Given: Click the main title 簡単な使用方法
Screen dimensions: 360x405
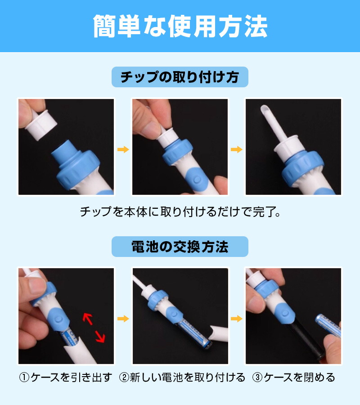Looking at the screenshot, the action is click(x=180, y=26).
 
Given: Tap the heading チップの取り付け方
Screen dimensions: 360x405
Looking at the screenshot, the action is click(x=180, y=77).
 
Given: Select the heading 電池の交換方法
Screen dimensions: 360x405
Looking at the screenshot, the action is click(x=180, y=247).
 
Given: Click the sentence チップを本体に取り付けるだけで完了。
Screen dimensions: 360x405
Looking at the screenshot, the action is click(x=180, y=212).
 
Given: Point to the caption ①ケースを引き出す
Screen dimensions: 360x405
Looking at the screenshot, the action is click(x=66, y=378).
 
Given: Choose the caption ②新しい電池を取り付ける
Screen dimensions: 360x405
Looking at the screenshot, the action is click(x=182, y=378).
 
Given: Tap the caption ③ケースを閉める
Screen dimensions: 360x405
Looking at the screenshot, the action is click(x=293, y=378).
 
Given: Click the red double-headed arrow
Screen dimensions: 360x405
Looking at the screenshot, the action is click(x=94, y=328).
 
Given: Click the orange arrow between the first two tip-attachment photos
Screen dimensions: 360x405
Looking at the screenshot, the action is click(x=123, y=149).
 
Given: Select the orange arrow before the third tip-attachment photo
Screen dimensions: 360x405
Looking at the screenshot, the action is click(x=237, y=149).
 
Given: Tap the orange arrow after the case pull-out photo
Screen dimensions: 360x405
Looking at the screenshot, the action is click(x=123, y=319).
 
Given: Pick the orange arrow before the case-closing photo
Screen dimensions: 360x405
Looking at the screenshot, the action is click(x=237, y=319).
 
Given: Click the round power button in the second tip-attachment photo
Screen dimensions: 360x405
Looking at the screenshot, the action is click(x=197, y=180).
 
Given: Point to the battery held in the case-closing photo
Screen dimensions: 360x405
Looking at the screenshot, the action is click(x=328, y=324).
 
